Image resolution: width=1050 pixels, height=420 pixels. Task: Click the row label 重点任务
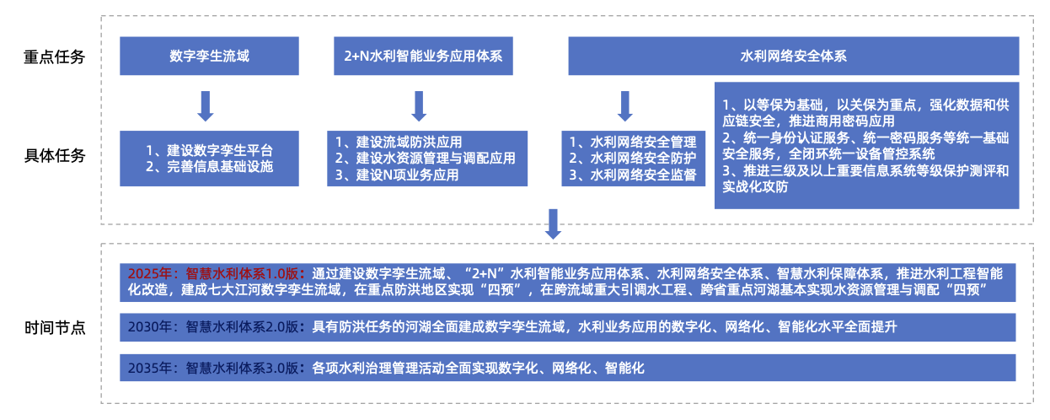55,57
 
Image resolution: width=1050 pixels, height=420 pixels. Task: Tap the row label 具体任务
55,155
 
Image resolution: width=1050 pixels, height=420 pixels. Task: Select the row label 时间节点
55,327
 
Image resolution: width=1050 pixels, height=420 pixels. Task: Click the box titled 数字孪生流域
209,56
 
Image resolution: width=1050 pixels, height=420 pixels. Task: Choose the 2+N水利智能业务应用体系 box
423,56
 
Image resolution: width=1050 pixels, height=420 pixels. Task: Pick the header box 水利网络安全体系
794,56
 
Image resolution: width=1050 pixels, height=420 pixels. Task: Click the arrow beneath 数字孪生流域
206,106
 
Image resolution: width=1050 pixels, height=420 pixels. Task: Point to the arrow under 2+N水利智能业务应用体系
419,106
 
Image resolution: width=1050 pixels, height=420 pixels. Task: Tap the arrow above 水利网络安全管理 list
624,106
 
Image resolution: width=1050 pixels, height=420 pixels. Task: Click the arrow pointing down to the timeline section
553,224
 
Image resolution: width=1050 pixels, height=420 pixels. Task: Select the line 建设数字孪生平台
209,151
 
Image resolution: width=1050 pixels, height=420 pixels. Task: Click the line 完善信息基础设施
209,167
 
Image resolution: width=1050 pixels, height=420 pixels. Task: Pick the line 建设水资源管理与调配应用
426,159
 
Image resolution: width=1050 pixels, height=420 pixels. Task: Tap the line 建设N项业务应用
397,175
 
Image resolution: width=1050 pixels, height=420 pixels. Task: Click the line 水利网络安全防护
633,159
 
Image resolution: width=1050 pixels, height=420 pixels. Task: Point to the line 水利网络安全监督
633,175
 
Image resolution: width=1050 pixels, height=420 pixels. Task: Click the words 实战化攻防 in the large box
755,186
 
